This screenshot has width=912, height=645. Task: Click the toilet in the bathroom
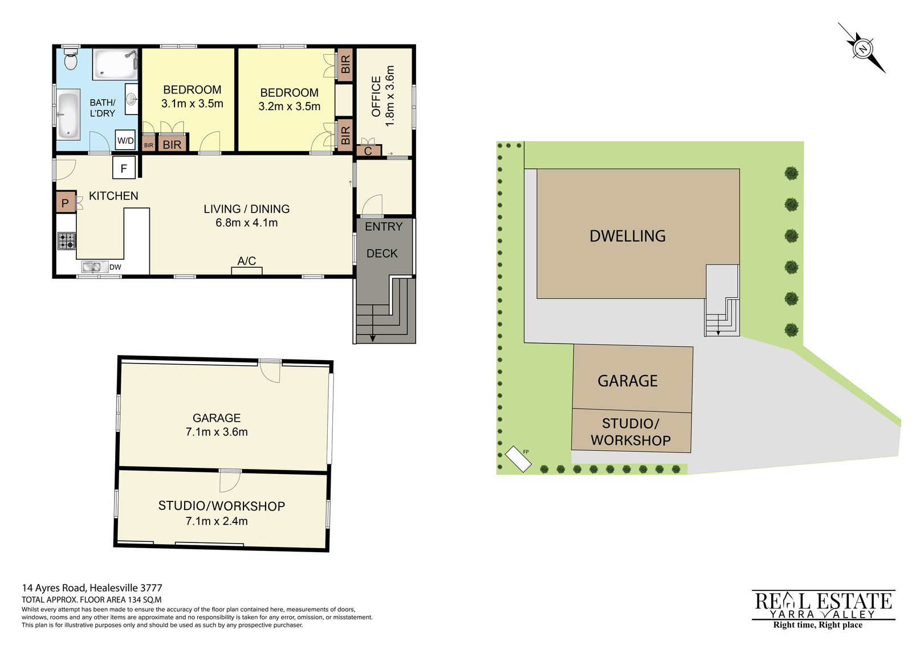tap(71, 59)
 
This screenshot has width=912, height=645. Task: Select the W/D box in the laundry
tap(125, 141)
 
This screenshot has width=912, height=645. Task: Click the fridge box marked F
tap(124, 168)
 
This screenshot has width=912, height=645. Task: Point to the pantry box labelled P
tap(66, 203)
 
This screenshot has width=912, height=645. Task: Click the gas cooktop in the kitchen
tap(66, 240)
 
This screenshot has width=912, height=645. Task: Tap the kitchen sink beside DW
tap(94, 267)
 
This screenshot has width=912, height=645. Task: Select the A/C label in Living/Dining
tap(247, 261)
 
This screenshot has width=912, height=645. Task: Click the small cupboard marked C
tap(368, 150)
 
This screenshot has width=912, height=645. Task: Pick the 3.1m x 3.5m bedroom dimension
tap(192, 103)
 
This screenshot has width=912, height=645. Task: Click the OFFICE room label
tap(376, 96)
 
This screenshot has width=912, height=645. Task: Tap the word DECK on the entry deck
tap(382, 254)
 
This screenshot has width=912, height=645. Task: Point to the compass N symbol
tap(862, 49)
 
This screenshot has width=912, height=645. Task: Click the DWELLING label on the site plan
tap(628, 236)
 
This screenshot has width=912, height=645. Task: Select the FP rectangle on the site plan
tap(518, 459)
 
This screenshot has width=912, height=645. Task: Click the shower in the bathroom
tap(115, 64)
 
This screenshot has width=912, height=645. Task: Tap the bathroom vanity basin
tap(131, 99)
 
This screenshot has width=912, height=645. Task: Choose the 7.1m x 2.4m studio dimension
tap(217, 521)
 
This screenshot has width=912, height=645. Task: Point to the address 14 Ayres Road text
tap(92, 587)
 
